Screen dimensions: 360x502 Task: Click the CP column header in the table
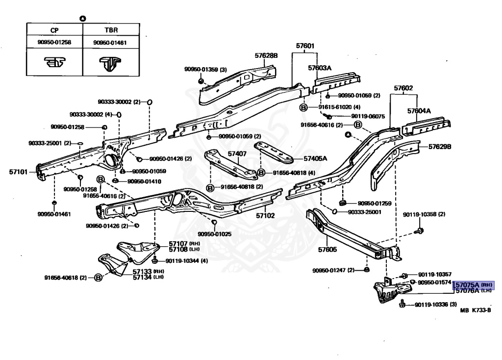click(54, 29)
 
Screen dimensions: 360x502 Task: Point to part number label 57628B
click(266, 55)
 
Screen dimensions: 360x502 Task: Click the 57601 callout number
click(304, 46)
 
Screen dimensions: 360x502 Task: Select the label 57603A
click(320, 68)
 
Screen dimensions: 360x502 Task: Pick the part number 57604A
click(419, 111)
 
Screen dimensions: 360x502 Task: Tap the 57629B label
click(440, 147)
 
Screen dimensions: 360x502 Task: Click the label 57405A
click(315, 158)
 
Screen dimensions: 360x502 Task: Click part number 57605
click(327, 250)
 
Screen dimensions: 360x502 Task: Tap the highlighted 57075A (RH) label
click(473, 284)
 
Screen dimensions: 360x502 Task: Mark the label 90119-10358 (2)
click(424, 214)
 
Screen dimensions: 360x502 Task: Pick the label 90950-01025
click(215, 233)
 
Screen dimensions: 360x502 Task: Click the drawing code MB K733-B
click(476, 310)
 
